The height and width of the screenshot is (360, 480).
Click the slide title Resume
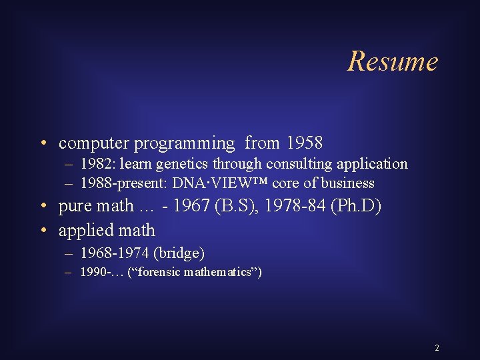coord(393,61)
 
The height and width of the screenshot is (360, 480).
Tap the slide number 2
coord(437,348)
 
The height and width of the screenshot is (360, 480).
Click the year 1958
coord(304,143)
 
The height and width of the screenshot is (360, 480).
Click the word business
coord(349,183)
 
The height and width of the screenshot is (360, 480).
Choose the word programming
coord(185,143)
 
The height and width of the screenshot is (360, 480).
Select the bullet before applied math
coord(43,231)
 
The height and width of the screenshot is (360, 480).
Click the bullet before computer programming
coord(43,143)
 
